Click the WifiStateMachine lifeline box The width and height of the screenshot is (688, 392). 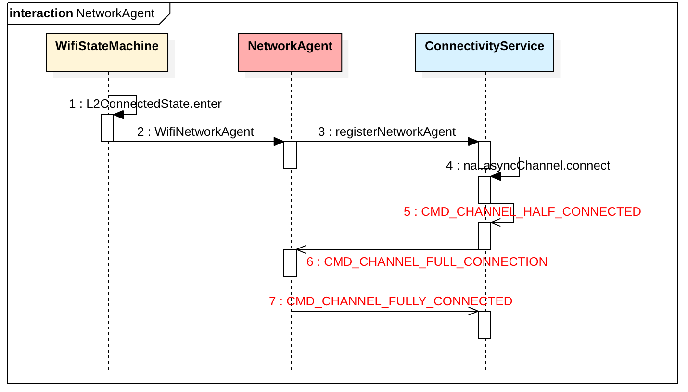click(107, 52)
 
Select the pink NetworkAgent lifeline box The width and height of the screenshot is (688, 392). click(290, 52)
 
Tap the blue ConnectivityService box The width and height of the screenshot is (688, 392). click(484, 52)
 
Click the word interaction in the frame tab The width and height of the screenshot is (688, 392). click(41, 13)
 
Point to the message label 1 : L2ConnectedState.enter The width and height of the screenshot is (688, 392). click(145, 104)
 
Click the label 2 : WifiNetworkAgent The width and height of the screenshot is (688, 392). click(195, 132)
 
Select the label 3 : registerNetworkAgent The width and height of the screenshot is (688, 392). click(386, 132)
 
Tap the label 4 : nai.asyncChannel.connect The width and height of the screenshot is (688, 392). click(528, 166)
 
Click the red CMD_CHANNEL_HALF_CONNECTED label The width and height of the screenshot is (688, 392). click(522, 212)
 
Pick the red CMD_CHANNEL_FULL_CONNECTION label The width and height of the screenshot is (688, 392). click(427, 262)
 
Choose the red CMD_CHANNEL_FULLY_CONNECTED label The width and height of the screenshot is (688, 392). click(390, 301)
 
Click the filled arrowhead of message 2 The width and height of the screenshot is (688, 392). click(279, 142)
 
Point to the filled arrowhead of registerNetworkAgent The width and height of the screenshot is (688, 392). click(473, 142)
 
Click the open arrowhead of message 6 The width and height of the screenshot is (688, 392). click(301, 249)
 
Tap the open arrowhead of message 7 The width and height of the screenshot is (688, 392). click(473, 311)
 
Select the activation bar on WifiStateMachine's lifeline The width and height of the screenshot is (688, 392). click(107, 128)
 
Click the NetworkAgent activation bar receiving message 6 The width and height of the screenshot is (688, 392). click(290, 263)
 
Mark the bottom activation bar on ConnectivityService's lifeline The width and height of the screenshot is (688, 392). click(484, 325)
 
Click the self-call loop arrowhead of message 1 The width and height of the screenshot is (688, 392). click(118, 115)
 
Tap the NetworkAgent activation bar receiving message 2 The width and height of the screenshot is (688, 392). click(290, 155)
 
